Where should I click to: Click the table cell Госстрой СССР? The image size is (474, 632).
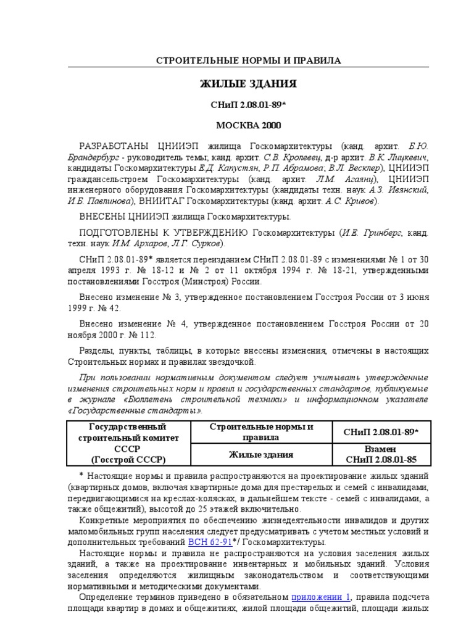click(128, 459)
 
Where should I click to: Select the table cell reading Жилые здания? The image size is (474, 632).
click(262, 454)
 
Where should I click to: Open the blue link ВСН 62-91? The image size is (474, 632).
click(210, 541)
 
